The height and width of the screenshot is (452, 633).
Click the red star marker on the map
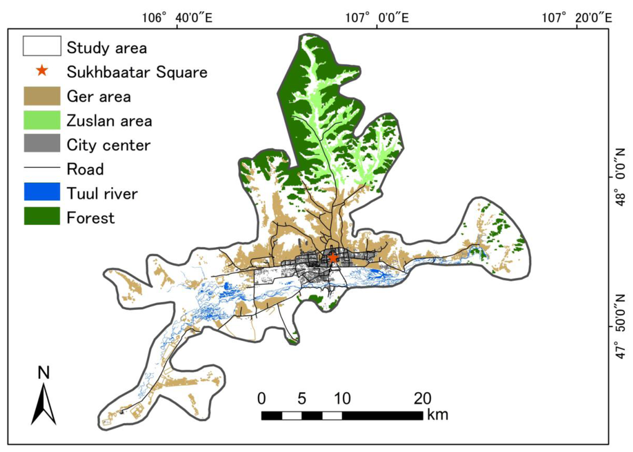[x=333, y=257]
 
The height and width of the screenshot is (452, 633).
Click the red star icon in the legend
[x=41, y=70]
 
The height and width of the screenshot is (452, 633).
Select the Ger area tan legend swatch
[x=41, y=96]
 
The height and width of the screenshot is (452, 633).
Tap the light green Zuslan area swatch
[x=41, y=120]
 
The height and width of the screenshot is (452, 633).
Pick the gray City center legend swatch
[x=41, y=144]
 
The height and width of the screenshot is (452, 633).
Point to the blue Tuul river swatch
[x=41, y=193]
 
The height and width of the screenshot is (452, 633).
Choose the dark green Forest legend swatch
[x=41, y=217]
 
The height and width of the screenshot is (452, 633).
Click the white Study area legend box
[x=41, y=46]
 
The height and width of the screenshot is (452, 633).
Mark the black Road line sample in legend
[x=41, y=169]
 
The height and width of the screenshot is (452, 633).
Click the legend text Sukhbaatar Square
[x=137, y=72]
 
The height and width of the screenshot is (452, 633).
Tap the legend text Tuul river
[x=102, y=193]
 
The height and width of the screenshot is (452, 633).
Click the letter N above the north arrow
[x=43, y=373]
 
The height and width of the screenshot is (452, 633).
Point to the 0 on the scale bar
[x=261, y=397]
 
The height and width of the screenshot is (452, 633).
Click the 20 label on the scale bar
[x=422, y=397]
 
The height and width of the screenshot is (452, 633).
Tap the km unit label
[x=437, y=414]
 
